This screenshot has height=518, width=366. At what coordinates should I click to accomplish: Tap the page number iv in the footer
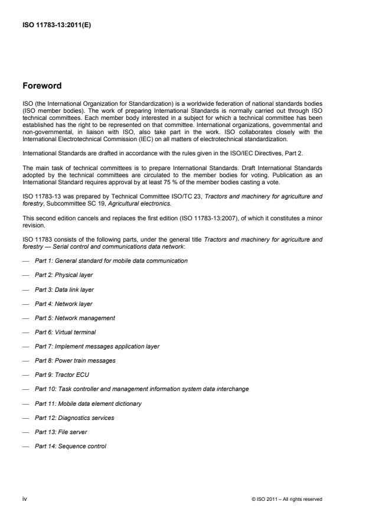(x=24, y=499)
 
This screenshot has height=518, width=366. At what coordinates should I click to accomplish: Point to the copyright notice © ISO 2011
(x=286, y=499)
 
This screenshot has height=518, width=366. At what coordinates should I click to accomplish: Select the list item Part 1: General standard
(x=111, y=260)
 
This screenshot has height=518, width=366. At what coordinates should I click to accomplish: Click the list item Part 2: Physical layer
(x=64, y=275)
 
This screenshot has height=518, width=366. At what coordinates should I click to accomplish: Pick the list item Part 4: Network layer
(x=63, y=304)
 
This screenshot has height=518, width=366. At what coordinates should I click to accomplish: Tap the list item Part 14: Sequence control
(x=70, y=446)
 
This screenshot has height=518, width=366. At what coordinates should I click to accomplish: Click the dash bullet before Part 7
(x=25, y=346)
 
